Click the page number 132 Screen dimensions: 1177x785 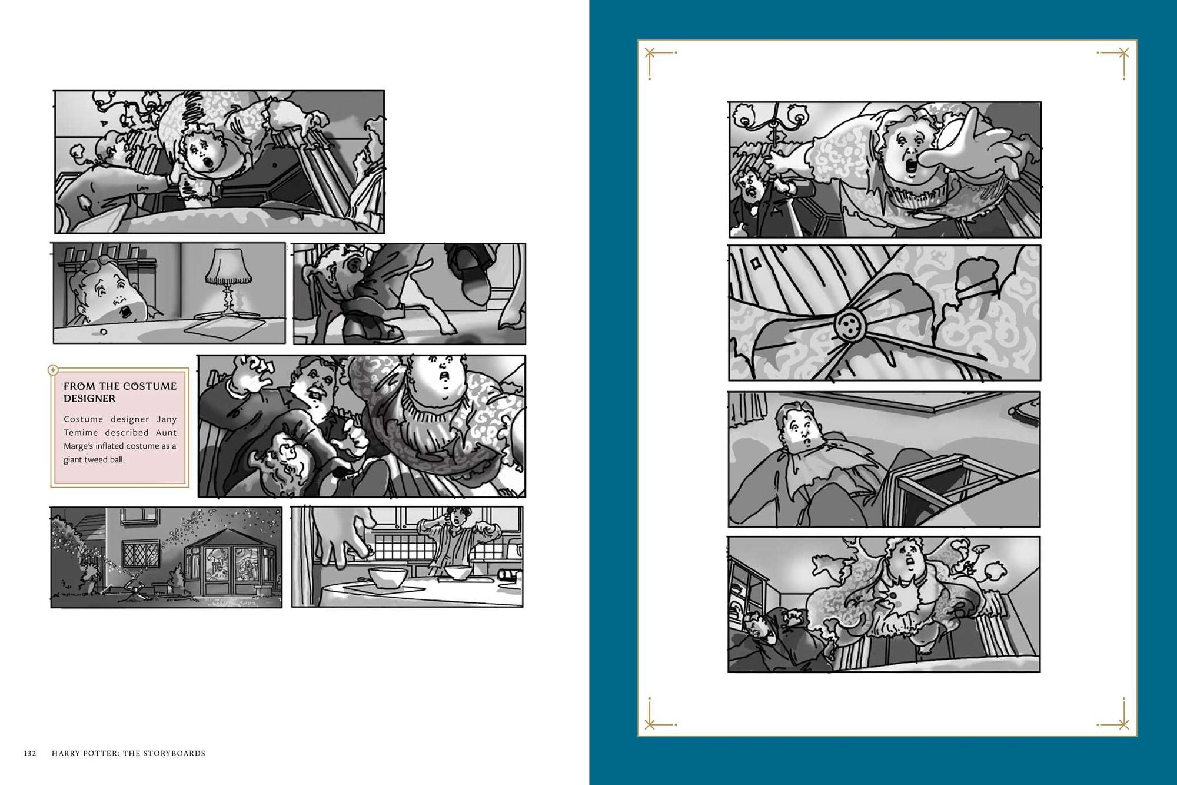[x=30, y=753]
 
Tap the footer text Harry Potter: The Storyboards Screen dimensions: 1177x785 [x=128, y=753]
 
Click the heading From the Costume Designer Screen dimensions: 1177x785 [x=120, y=392]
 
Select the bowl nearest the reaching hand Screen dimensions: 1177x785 [x=387, y=577]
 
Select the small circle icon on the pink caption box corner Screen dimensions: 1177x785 [x=52, y=370]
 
